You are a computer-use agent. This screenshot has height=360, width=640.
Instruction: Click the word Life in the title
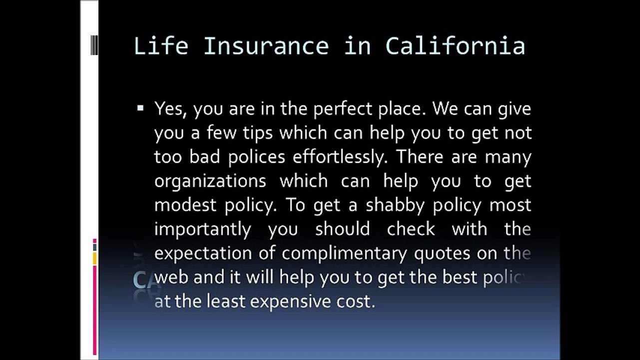click(161, 45)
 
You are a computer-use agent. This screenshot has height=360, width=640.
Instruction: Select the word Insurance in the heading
click(266, 45)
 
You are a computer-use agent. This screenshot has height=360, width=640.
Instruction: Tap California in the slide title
click(455, 45)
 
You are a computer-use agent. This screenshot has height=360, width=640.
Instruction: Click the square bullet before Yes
click(140, 108)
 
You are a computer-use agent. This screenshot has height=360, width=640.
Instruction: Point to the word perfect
click(343, 109)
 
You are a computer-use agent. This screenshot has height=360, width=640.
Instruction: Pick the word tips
click(258, 133)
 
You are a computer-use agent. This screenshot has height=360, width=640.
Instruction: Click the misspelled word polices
click(257, 157)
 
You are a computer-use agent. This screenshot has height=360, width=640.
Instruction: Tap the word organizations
click(210, 181)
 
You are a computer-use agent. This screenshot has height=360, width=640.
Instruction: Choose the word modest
click(185, 205)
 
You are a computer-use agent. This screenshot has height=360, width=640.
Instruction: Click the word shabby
click(395, 206)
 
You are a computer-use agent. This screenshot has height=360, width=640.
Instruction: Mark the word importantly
click(202, 230)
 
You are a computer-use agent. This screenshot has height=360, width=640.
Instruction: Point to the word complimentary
click(344, 254)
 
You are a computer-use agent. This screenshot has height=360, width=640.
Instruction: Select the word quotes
click(442, 254)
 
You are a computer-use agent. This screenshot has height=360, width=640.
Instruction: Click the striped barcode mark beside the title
click(94, 45)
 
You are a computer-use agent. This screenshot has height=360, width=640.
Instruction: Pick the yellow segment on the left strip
click(95, 258)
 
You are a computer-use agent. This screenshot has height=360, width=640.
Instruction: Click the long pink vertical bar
click(95, 310)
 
